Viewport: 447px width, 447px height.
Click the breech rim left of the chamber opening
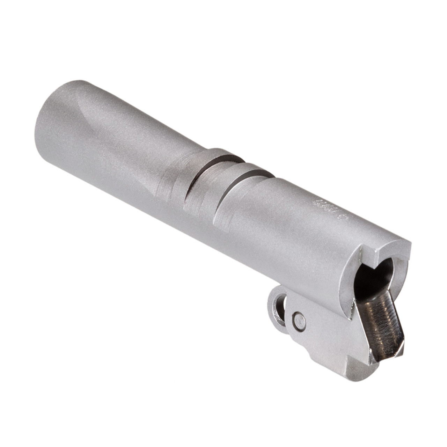click(349, 279)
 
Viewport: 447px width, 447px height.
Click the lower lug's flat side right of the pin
click(328, 332)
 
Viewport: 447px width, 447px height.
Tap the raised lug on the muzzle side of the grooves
click(175, 182)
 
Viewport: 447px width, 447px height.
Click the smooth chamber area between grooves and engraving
click(276, 210)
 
